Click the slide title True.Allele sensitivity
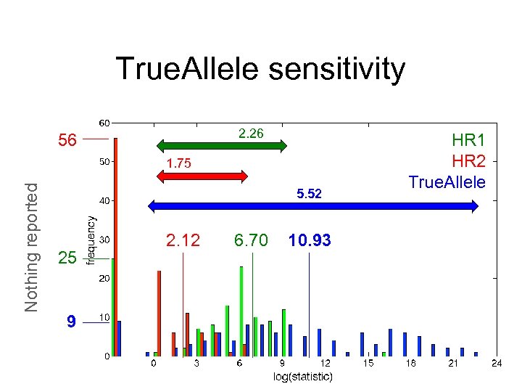[260, 70]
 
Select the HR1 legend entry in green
[468, 141]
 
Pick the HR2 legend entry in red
[468, 161]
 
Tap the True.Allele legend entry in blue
[447, 181]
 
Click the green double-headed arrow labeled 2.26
[223, 146]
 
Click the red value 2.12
[183, 240]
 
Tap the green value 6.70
[251, 240]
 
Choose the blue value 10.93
[310, 240]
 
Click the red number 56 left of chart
[67, 140]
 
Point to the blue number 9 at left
[70, 321]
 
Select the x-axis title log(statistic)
[303, 376]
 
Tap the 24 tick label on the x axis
[497, 363]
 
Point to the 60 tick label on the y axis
[104, 122]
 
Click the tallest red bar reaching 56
[116, 247]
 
